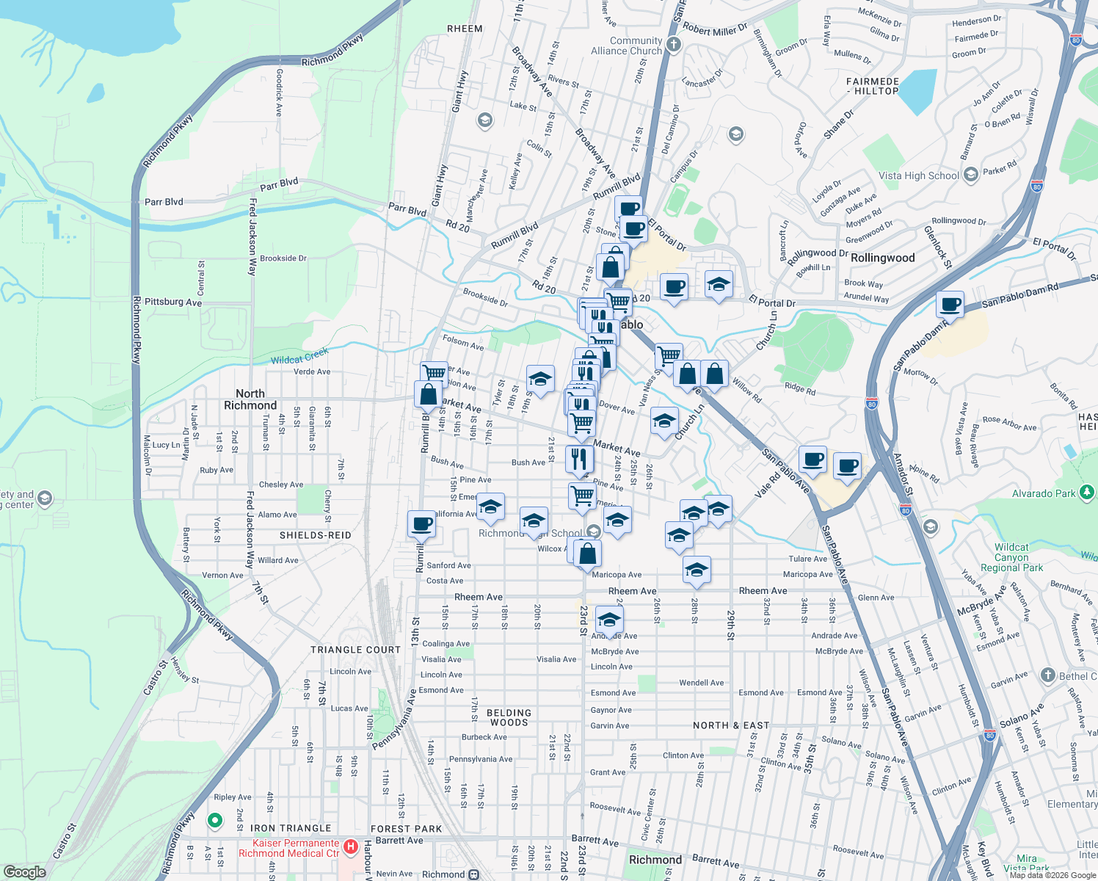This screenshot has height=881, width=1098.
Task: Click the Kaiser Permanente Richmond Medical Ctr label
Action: click(x=289, y=848)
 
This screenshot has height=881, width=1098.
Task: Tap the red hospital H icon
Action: click(x=351, y=847)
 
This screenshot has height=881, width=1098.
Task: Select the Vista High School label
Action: click(x=918, y=175)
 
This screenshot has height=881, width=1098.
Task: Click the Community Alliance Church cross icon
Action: click(x=674, y=45)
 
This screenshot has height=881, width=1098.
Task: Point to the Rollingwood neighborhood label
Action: click(x=882, y=258)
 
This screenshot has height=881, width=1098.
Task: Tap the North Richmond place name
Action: click(x=250, y=399)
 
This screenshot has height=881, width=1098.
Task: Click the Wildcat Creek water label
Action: click(x=299, y=357)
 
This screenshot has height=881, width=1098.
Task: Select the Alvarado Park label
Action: click(x=1044, y=493)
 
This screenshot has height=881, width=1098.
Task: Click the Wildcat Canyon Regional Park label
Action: click(x=1011, y=557)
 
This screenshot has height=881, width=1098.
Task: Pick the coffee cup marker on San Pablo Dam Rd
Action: click(x=950, y=303)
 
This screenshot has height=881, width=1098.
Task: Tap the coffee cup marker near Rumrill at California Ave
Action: click(x=422, y=524)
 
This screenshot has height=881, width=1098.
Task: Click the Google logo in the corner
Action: click(x=25, y=871)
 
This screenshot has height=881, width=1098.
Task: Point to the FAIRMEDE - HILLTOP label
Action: click(x=873, y=86)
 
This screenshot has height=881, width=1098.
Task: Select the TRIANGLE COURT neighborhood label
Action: click(x=355, y=650)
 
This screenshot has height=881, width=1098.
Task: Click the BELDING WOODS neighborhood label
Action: click(x=509, y=717)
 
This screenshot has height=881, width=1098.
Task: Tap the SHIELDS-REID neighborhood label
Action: click(x=315, y=535)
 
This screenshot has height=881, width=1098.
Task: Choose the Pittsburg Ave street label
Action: click(x=173, y=302)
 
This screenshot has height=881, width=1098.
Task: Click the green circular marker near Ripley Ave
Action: click(x=214, y=820)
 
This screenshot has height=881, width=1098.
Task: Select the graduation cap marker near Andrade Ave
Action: click(x=609, y=620)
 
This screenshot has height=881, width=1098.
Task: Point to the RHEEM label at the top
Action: click(x=465, y=29)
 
